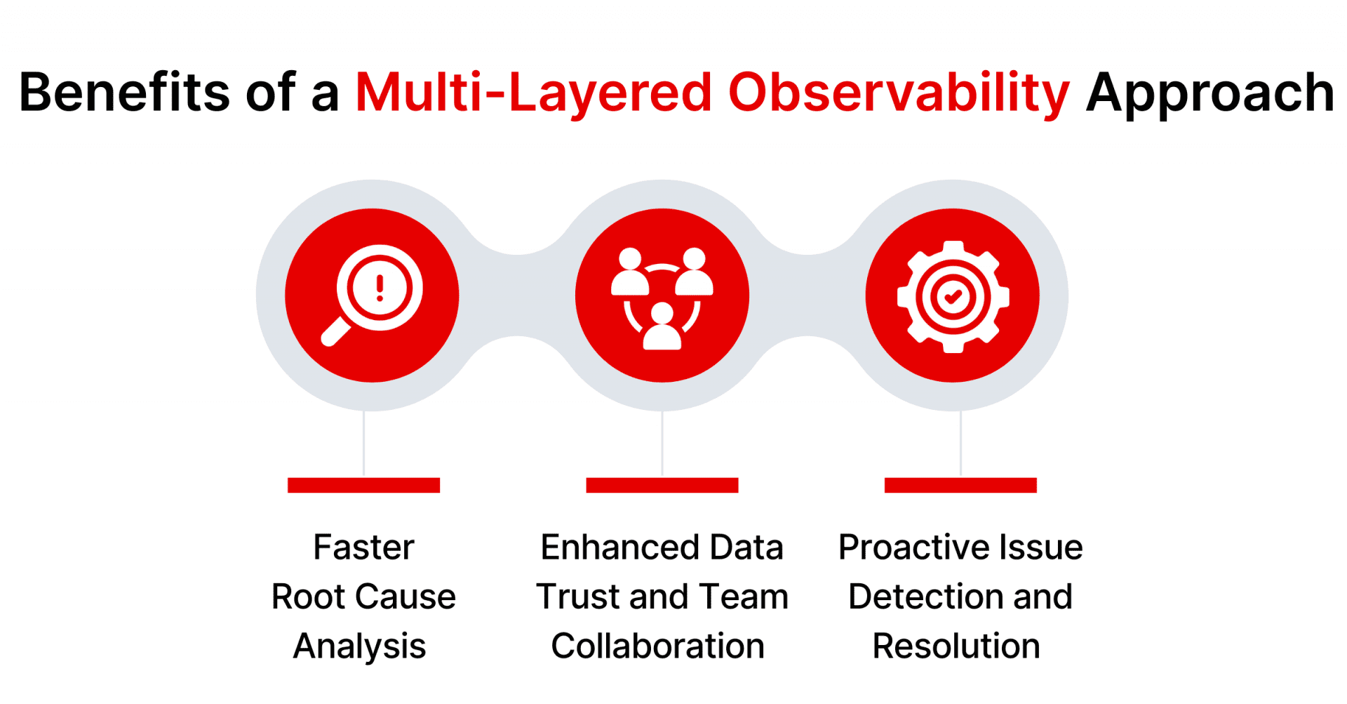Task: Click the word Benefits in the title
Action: coord(123,93)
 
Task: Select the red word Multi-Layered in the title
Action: coord(534,93)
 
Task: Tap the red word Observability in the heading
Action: coord(899,93)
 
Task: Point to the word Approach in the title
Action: coord(1209,93)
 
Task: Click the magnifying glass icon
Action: coord(373,295)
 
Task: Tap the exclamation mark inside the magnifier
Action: coord(380,288)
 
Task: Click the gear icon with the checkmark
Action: coord(953,297)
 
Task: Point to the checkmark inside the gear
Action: coord(953,297)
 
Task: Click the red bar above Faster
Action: coord(363,485)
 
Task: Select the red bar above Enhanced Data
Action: coord(662,485)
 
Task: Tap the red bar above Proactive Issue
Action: coord(960,485)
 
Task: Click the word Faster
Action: coord(363,547)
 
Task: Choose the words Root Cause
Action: coord(363,597)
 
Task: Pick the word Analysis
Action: coord(359,646)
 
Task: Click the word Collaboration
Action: coord(657,646)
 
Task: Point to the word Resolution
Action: coord(956,646)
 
